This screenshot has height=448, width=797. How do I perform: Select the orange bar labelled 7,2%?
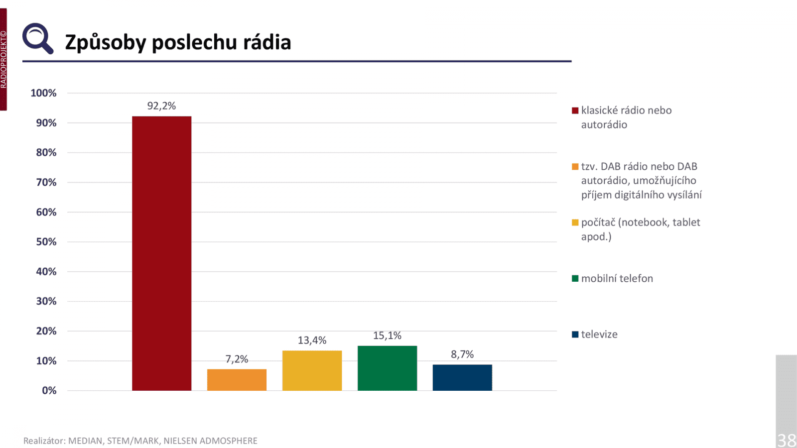pyautogui.click(x=237, y=380)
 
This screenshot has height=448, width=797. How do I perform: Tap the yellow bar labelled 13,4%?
pyautogui.click(x=312, y=370)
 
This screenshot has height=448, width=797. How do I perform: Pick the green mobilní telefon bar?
pyautogui.click(x=387, y=368)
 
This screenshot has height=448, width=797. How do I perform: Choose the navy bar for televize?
pyautogui.click(x=462, y=377)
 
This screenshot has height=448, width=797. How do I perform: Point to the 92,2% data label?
pyautogui.click(x=161, y=106)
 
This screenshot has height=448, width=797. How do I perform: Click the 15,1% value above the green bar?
pyautogui.click(x=387, y=336)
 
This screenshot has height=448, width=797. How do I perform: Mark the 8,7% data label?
pyautogui.click(x=462, y=354)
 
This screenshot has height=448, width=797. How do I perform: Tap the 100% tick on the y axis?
pyautogui.click(x=44, y=93)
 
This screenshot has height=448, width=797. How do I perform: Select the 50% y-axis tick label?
pyautogui.click(x=46, y=242)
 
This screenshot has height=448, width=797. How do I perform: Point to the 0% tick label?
pyautogui.click(x=49, y=391)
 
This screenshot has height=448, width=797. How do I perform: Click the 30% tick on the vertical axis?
pyautogui.click(x=46, y=301)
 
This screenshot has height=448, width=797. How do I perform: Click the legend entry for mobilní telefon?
pyautogui.click(x=617, y=278)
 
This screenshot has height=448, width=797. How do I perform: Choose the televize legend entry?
pyautogui.click(x=599, y=335)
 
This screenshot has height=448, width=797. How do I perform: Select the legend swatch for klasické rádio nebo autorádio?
pyautogui.click(x=575, y=111)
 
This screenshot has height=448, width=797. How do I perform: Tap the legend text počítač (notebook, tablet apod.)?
pyautogui.click(x=640, y=229)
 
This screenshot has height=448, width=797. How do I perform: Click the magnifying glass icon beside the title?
pyautogui.click(x=37, y=38)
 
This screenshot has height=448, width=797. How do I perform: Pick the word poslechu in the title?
pyautogui.click(x=194, y=43)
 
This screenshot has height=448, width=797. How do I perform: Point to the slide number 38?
pyautogui.click(x=787, y=440)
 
